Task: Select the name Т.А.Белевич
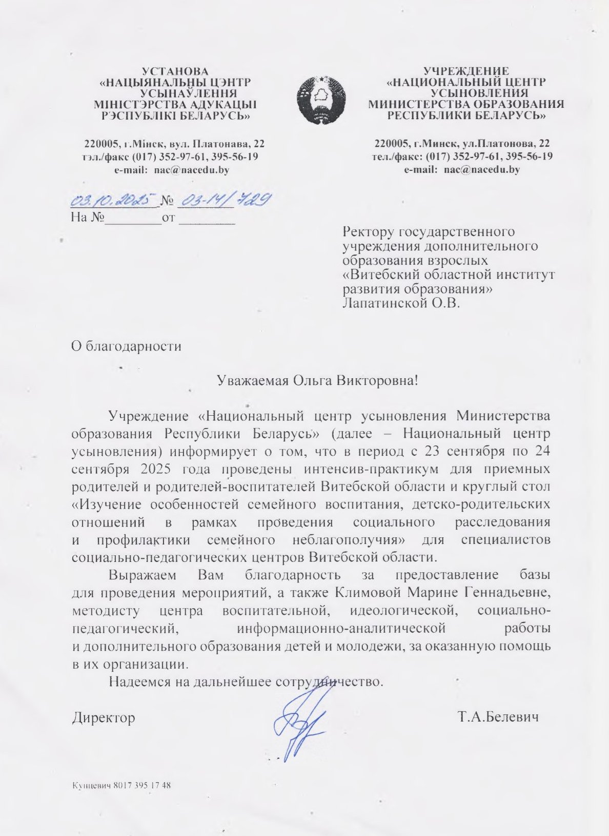tap(498, 716)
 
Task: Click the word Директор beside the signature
tap(104, 717)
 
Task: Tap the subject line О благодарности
tap(126, 346)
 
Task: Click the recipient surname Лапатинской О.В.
tap(401, 303)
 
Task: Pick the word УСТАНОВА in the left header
tap(175, 71)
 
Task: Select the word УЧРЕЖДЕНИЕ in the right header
tap(466, 71)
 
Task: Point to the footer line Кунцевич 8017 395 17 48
tap(121, 786)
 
